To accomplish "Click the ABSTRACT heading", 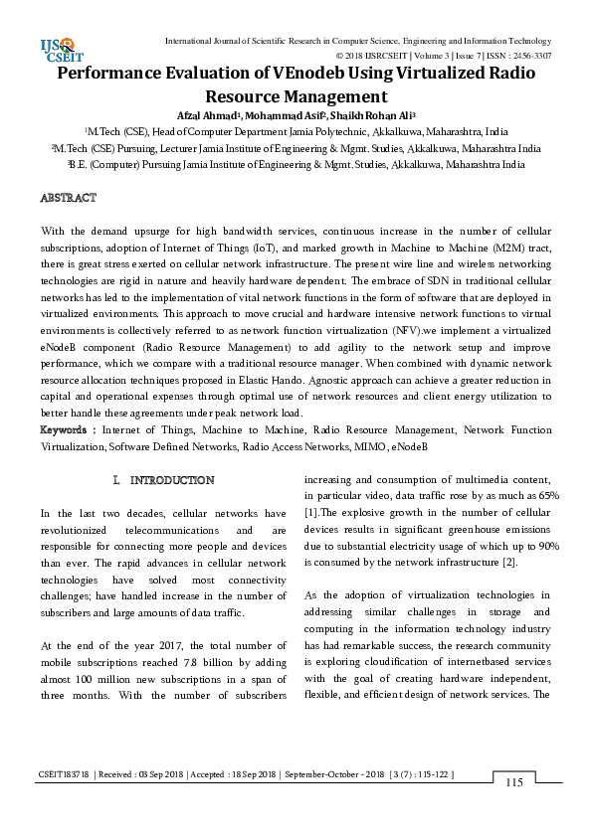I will pyautogui.click(x=68, y=198).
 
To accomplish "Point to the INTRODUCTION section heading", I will pyautogui.click(x=171, y=480).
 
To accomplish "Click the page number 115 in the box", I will pyautogui.click(x=514, y=783).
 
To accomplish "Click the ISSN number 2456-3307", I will pyautogui.click(x=528, y=56).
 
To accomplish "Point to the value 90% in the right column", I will pyautogui.click(x=545, y=546).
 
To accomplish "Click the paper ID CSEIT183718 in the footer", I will pyautogui.click(x=65, y=772).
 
